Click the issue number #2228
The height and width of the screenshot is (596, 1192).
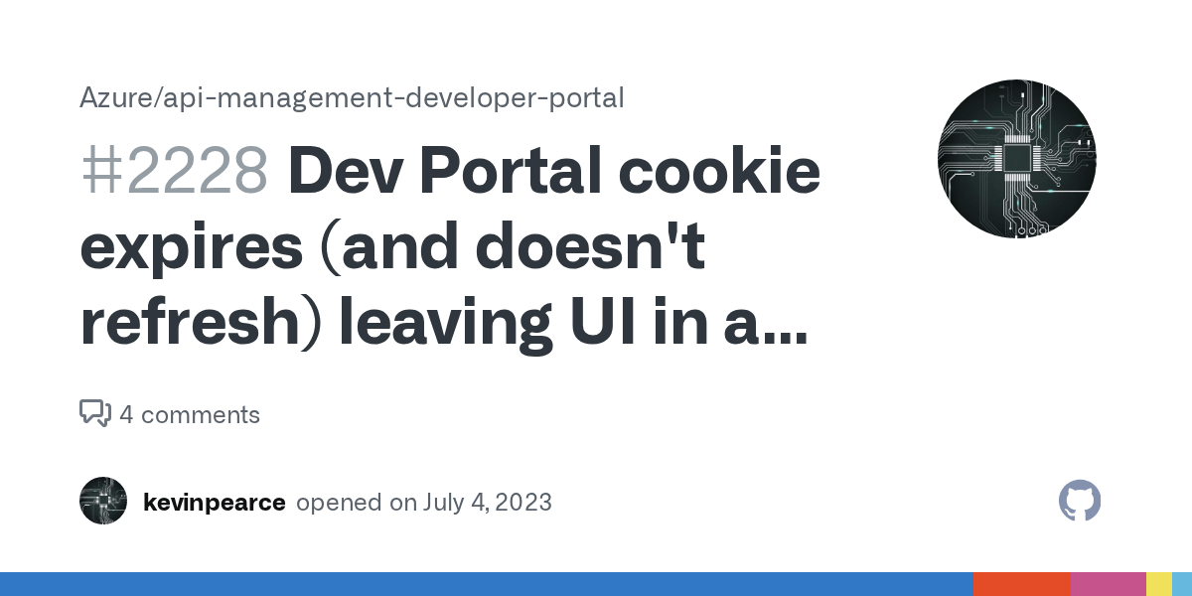(174, 172)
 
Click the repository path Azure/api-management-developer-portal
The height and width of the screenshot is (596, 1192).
(352, 98)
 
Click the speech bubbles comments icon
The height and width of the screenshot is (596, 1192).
(94, 413)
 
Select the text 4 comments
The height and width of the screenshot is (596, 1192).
(190, 414)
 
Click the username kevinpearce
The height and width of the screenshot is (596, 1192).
(214, 503)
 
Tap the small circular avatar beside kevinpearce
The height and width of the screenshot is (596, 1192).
(103, 501)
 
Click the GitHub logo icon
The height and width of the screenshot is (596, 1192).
(1080, 501)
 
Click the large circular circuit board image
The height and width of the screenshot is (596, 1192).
(1016, 159)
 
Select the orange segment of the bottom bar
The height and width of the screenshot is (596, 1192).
(1021, 584)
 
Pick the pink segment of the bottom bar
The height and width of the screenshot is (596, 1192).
(1108, 584)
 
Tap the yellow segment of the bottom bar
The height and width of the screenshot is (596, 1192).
(1158, 584)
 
